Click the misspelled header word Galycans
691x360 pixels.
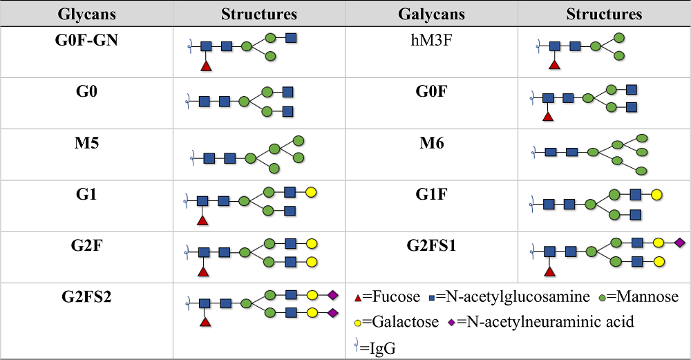(431, 14)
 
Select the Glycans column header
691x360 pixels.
(86, 14)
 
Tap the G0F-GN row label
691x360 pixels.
(86, 40)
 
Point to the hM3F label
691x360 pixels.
(431, 40)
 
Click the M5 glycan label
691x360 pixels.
(86, 144)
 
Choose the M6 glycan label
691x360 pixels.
(431, 144)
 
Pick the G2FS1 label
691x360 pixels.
(431, 246)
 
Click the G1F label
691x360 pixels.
(431, 196)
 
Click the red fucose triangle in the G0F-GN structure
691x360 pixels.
(205, 66)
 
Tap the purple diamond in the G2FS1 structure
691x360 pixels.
(679, 243)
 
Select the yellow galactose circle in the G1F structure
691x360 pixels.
(656, 194)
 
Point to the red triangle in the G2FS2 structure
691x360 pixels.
(205, 322)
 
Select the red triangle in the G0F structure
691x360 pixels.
(548, 117)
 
